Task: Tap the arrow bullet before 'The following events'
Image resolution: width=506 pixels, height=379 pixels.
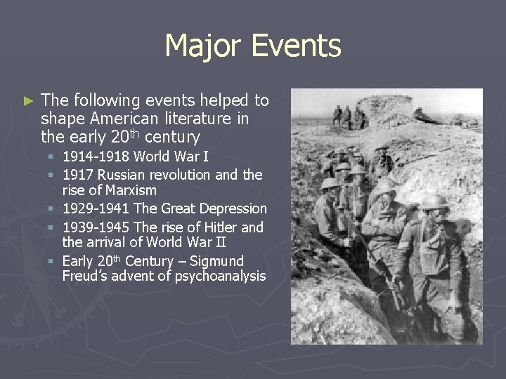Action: [28, 100]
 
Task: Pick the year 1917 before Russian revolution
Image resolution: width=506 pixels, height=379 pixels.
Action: [78, 174]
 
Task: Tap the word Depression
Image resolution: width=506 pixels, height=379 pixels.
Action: [233, 208]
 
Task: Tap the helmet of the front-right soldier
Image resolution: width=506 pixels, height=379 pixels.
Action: [434, 201]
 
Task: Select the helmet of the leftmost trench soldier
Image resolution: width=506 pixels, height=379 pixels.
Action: [328, 184]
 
